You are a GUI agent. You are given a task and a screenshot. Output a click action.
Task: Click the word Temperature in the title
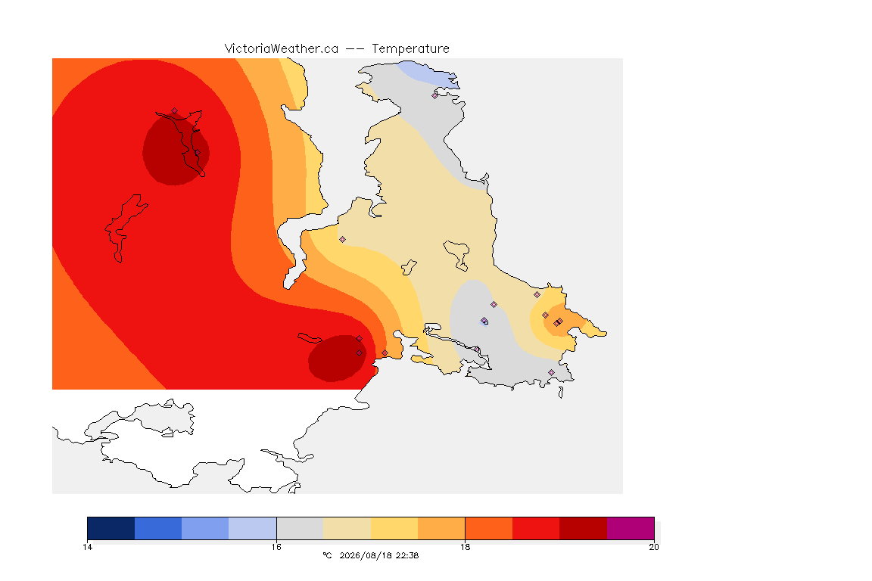410,49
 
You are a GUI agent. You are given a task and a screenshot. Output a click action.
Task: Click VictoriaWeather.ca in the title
282,49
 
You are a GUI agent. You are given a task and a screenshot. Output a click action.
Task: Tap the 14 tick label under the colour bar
87,547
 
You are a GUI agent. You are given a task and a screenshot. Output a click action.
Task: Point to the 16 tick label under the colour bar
276,547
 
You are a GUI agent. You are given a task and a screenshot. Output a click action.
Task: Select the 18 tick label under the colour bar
465,547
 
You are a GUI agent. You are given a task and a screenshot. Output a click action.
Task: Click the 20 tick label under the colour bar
654,547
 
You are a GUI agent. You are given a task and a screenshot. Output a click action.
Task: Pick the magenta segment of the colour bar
631,528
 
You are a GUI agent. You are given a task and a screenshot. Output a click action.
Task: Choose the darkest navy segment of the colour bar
111,528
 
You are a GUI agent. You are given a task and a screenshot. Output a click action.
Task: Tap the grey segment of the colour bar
300,528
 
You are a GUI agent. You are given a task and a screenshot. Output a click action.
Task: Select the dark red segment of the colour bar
584,528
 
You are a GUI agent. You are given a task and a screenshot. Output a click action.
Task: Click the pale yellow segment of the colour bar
394,528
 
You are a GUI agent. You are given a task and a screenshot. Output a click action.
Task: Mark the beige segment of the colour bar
347,528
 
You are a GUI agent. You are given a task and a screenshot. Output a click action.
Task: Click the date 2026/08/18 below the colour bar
365,555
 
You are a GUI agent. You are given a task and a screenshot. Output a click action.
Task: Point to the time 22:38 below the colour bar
407,555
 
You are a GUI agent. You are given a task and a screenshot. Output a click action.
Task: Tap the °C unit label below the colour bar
327,555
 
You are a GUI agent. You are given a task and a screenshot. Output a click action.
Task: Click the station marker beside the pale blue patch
435,95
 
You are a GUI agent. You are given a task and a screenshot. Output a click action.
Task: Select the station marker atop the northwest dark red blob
175,111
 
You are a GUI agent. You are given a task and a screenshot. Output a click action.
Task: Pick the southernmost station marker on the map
551,372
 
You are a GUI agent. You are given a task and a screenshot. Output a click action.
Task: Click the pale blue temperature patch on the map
428,74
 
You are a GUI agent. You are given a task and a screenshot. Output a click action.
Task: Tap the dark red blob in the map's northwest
176,148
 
